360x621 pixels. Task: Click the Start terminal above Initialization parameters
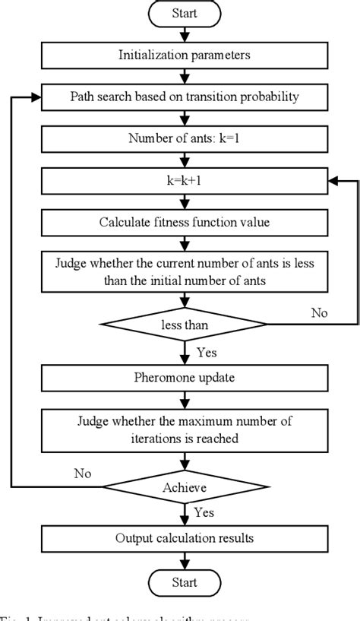pos(185,13)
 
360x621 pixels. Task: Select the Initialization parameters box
pos(185,54)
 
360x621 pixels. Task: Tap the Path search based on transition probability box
pos(185,97)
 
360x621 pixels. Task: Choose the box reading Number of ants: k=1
pos(185,138)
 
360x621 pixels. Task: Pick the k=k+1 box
pos(185,180)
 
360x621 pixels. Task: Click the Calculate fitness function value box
pos(185,222)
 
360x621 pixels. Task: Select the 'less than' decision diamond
pos(185,325)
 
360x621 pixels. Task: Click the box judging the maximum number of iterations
pos(185,429)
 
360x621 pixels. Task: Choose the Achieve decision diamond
pos(185,486)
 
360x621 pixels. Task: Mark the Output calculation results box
pos(185,538)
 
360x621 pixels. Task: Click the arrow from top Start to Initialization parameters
pos(185,33)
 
